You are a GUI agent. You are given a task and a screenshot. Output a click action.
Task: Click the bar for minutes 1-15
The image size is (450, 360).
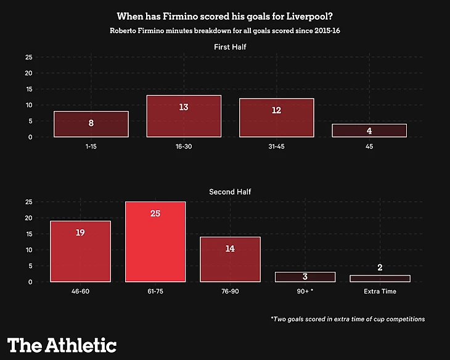pyautogui.click(x=91, y=124)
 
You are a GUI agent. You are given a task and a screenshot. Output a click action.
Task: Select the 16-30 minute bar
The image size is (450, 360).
pyautogui.click(x=184, y=116)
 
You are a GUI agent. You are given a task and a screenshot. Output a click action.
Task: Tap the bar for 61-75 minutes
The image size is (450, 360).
pyautogui.click(x=155, y=242)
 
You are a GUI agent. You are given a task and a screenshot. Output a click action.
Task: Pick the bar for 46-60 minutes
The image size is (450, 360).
pyautogui.click(x=80, y=251)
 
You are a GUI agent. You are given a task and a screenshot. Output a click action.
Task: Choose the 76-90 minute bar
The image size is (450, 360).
pyautogui.click(x=230, y=259)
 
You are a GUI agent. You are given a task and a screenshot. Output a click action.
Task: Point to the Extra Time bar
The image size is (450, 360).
pyautogui.click(x=380, y=279)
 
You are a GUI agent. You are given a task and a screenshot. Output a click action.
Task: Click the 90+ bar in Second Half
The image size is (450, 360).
pyautogui.click(x=305, y=277)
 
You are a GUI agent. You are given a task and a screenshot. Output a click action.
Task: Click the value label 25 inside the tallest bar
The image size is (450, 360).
pyautogui.click(x=155, y=213)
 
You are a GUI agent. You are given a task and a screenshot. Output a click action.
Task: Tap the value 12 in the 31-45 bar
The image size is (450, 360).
pyautogui.click(x=276, y=110)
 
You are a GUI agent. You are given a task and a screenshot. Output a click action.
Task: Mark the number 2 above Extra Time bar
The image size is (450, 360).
pyautogui.click(x=380, y=267)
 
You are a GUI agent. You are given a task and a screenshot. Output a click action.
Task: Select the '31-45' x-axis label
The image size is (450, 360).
pyautogui.click(x=276, y=147)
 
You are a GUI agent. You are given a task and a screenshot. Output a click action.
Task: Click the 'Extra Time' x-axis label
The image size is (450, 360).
pyautogui.click(x=380, y=292)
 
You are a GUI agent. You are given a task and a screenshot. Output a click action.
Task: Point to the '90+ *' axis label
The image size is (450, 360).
pyautogui.click(x=305, y=292)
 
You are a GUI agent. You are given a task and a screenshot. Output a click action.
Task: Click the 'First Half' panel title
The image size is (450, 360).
pyautogui.click(x=231, y=47)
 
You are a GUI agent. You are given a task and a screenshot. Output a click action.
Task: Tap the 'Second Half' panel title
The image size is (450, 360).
pyautogui.click(x=231, y=192)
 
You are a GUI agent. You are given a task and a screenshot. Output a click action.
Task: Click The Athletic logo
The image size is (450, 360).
pyautogui.click(x=62, y=344)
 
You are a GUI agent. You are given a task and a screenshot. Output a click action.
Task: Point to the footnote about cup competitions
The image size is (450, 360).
pyautogui.click(x=348, y=319)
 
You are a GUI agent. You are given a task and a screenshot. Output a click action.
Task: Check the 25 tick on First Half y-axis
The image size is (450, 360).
pyautogui.click(x=28, y=57)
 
